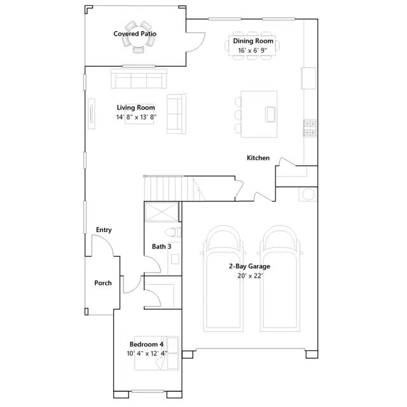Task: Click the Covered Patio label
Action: [135, 34]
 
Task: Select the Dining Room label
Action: [252, 41]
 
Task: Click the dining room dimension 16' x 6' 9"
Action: [252, 50]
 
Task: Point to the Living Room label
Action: [135, 107]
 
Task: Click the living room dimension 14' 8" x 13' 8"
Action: [136, 117]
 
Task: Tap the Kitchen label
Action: [258, 158]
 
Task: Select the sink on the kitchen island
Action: [270, 114]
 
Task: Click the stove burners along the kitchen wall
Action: [310, 127]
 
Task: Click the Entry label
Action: [104, 230]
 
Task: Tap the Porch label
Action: [103, 283]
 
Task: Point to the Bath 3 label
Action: [162, 246]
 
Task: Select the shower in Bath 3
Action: [163, 212]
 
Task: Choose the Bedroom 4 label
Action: [146, 344]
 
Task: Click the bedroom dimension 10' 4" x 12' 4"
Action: [146, 353]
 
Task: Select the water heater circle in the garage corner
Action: [309, 194]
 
